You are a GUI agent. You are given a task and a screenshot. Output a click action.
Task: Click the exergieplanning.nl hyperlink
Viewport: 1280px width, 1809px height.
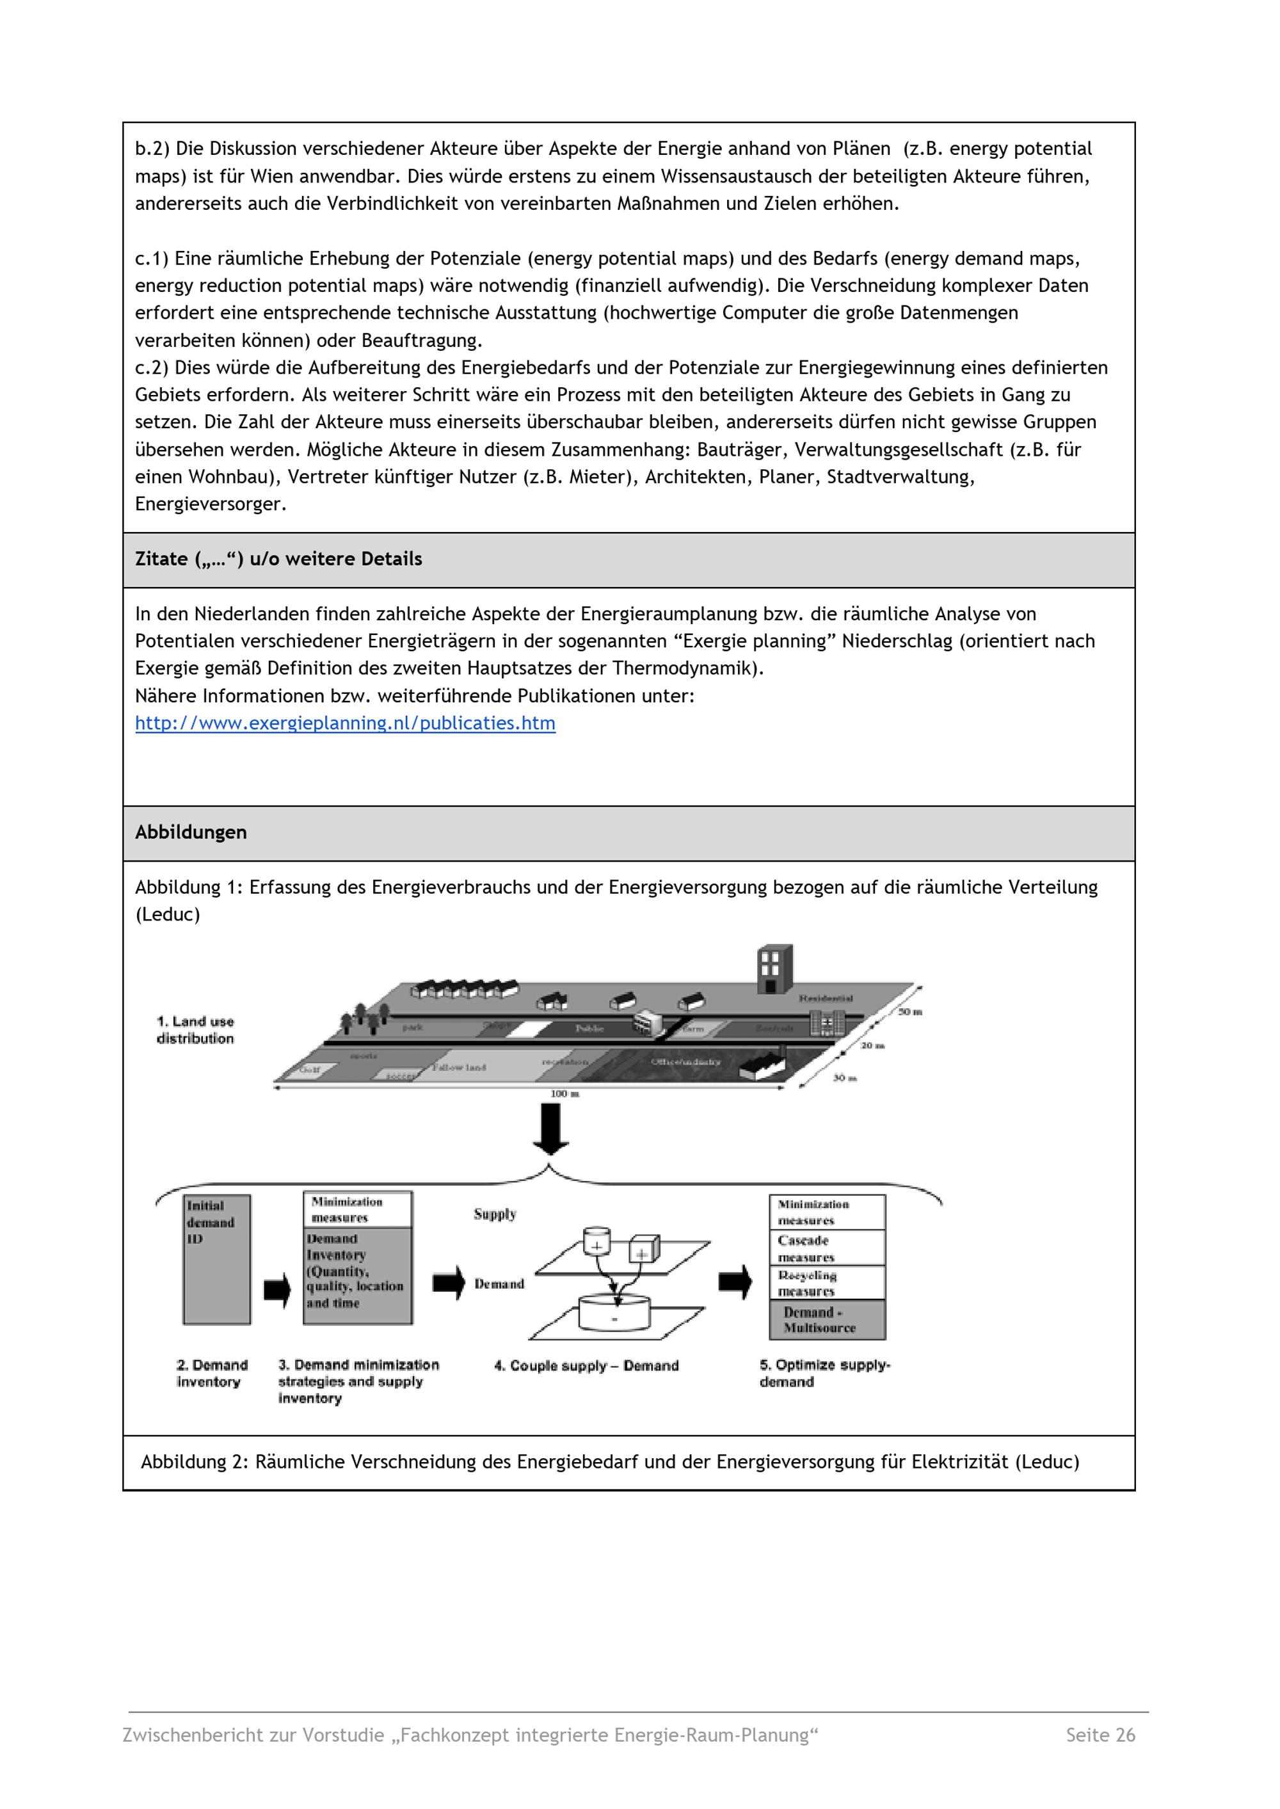(x=344, y=723)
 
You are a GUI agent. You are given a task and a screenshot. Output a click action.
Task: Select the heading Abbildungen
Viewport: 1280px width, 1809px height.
(x=191, y=832)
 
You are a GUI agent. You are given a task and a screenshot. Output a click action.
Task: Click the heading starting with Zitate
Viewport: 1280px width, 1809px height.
(x=278, y=559)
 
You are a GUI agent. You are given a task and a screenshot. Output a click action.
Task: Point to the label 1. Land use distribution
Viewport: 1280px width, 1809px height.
(x=195, y=1030)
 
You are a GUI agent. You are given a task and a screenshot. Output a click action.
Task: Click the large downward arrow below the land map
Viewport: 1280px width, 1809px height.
(x=551, y=1128)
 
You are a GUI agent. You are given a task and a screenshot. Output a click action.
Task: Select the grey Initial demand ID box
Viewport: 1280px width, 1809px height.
(x=217, y=1260)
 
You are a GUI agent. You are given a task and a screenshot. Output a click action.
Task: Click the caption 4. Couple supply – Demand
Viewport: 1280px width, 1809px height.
(x=586, y=1366)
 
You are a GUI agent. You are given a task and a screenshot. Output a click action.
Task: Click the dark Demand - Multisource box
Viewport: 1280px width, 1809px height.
(x=827, y=1319)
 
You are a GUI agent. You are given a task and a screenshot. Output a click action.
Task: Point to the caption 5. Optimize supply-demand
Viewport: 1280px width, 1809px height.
(x=824, y=1373)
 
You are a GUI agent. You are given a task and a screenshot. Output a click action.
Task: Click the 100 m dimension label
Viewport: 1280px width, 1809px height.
(x=564, y=1093)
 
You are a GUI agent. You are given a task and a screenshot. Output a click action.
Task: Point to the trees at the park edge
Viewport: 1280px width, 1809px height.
(x=364, y=1018)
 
